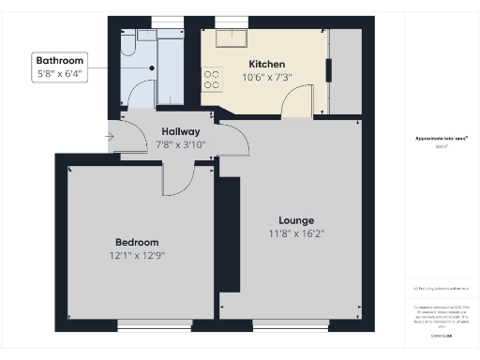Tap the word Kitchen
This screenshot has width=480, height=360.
tap(266, 64)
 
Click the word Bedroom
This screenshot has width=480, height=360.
tap(137, 241)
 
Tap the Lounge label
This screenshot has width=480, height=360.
tap(296, 220)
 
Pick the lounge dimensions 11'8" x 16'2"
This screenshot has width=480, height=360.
tap(296, 233)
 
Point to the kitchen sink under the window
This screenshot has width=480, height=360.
tap(229, 38)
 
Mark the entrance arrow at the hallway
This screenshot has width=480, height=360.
tap(110, 138)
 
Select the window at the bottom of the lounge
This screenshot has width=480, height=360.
tap(291, 324)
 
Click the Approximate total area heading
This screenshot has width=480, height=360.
tap(442, 138)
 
